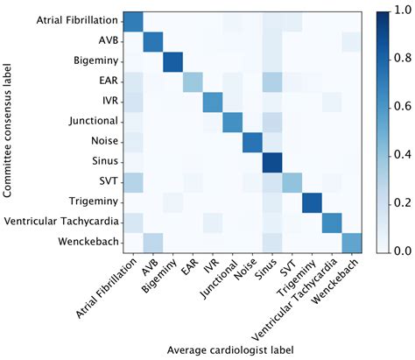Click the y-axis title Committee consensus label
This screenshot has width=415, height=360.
[x=11, y=131]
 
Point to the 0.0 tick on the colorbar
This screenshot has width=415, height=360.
[x=404, y=251]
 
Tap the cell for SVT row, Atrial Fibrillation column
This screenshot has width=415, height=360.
[x=133, y=180]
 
